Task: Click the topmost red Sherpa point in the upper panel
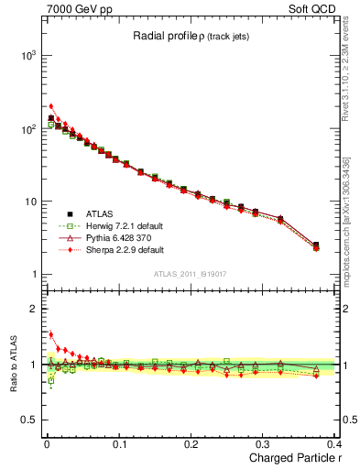coord(51,106)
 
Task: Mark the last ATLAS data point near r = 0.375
coord(316,245)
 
